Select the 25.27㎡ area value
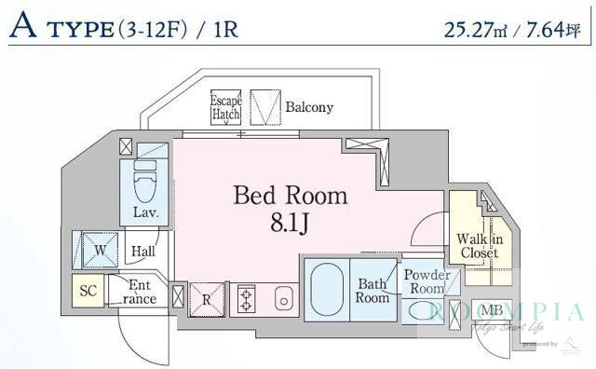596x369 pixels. coord(480,27)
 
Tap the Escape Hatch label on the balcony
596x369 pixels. coord(226,107)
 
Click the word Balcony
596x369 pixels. coord(309,107)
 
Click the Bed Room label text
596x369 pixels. coord(290,196)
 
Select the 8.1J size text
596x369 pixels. coord(290,224)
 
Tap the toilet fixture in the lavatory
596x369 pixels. coord(145,181)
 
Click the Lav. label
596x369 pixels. coord(144,212)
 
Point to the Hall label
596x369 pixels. coord(142,251)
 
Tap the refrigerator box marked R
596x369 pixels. coord(207,299)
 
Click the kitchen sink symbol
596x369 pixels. coord(283,300)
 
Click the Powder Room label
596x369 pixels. coord(427,281)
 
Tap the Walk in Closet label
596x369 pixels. coord(480,246)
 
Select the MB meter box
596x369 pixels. coord(492,310)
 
